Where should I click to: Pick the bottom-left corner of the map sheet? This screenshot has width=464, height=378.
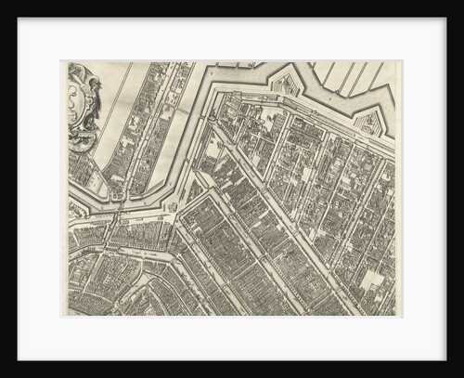68,316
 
